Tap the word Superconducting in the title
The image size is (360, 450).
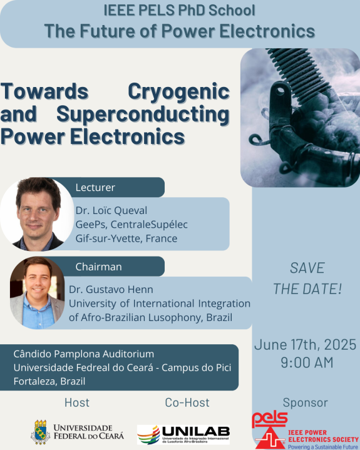pos(143,115)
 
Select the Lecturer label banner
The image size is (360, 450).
pos(112,187)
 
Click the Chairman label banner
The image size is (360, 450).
pos(112,267)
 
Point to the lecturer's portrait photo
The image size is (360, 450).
pos(37,214)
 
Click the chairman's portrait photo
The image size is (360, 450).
pos(37,293)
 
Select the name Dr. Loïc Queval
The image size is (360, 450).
pos(111,210)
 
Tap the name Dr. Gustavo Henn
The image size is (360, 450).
pos(111,289)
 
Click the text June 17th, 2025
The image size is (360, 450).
pos(305,345)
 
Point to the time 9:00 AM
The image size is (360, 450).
pos(307,362)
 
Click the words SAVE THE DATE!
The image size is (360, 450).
pos(307,279)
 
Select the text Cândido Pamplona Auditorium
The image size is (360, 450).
pos(83,354)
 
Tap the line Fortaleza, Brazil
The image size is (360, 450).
pos(49,381)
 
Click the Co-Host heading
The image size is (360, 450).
pos(187,402)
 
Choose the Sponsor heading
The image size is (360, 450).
pos(305,402)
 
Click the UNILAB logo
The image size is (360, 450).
pos(183,434)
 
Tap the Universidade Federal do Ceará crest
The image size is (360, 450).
pos(41,432)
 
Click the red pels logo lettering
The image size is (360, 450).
pos(270,419)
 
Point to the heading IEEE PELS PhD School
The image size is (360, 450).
pos(180,11)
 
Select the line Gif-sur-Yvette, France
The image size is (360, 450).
pos(126,238)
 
